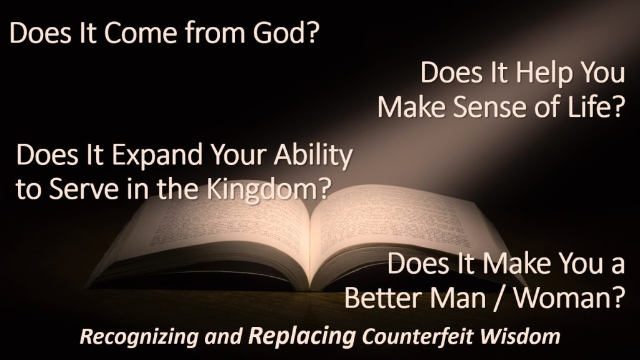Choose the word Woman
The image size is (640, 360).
(x=569, y=298)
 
